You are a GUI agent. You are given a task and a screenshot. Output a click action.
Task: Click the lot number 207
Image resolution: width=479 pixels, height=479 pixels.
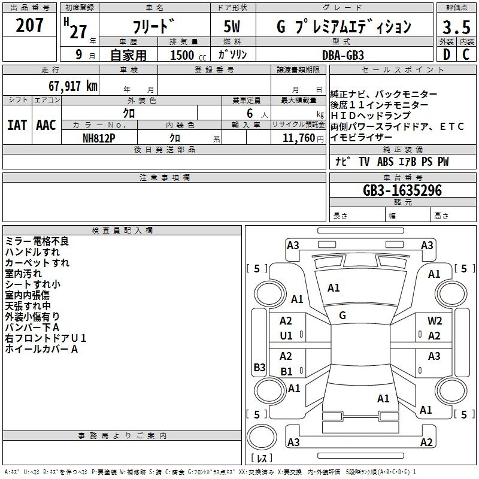[29, 25]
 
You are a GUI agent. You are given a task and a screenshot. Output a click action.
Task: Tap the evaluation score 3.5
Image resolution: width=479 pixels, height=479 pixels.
[456, 27]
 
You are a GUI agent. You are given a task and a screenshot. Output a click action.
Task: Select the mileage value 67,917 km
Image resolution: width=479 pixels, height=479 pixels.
[72, 86]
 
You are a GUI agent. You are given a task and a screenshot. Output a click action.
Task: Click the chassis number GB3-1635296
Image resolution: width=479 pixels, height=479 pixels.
[402, 190]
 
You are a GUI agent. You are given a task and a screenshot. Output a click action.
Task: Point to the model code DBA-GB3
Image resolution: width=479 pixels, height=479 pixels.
[343, 55]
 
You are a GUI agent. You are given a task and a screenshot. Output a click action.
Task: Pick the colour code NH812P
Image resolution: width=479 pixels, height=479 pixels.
[99, 138]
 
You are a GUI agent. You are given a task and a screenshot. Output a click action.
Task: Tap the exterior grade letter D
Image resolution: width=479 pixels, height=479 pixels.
[447, 54]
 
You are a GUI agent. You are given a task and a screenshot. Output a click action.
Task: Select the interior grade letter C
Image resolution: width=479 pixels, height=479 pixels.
[466, 54]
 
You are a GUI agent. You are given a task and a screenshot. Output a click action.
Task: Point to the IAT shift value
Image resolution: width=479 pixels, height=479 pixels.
[17, 125]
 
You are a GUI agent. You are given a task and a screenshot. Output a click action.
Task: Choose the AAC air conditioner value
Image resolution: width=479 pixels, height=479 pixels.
[46, 125]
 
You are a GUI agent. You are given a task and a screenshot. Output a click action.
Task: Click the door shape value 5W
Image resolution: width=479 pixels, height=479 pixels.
[232, 26]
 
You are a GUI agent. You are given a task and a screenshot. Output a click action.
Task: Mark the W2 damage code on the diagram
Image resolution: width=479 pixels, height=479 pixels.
[435, 321]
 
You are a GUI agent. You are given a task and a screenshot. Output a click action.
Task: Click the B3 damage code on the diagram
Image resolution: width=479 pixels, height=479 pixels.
[259, 367]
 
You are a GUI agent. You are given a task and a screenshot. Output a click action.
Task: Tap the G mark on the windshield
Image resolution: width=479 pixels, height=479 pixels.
[342, 316]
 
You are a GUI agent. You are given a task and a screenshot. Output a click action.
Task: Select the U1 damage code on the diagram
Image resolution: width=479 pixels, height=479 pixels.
[286, 336]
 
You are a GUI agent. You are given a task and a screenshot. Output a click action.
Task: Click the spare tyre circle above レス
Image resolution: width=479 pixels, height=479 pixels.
[262, 437]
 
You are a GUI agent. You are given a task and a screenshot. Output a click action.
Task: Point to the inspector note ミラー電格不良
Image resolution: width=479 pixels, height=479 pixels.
[37, 241]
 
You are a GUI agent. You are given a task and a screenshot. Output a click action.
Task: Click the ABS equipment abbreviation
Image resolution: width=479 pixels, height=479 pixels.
[385, 162]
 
